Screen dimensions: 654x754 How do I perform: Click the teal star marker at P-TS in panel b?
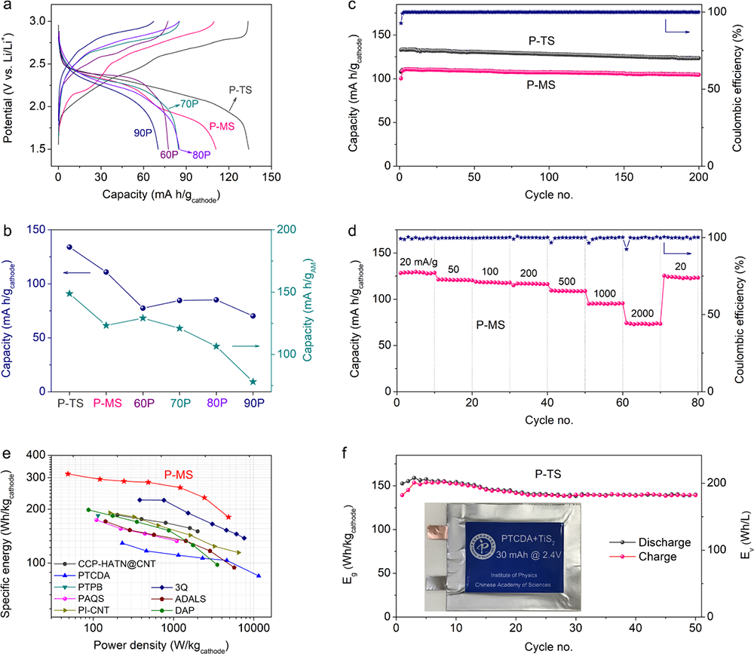click(69, 293)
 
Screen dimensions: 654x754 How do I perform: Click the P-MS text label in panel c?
click(541, 85)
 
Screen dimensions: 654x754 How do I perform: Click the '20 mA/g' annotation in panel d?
click(417, 261)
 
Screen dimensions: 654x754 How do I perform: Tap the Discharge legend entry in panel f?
click(653, 542)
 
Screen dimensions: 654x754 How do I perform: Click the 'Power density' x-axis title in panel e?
click(161, 646)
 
